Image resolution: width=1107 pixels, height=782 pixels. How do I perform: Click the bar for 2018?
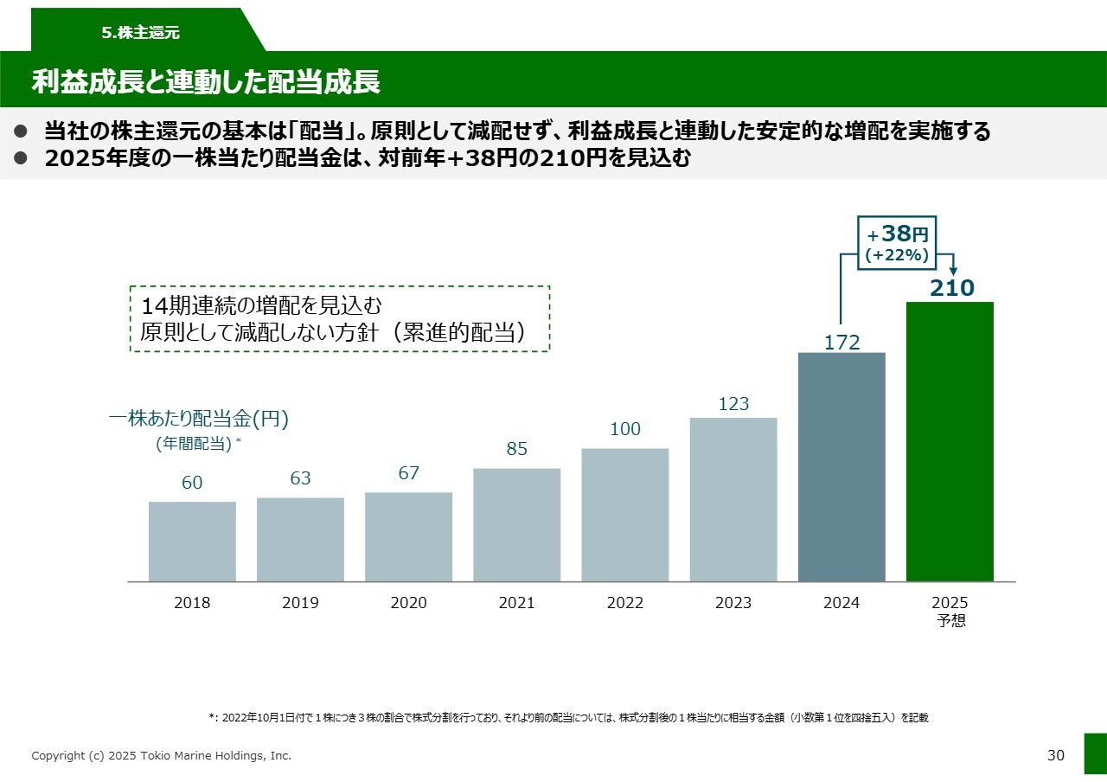coord(192,542)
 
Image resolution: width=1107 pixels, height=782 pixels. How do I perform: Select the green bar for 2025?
coord(950,441)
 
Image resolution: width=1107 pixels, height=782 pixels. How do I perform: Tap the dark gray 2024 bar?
coord(841,467)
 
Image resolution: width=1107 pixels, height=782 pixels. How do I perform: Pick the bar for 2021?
coord(516,524)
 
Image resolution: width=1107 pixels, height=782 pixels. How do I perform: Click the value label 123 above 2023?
coord(733,404)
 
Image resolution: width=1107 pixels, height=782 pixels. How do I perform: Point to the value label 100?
coord(625,429)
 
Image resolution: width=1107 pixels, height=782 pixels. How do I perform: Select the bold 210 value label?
coord(951,288)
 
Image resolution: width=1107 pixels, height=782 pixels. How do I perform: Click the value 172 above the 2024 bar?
coord(841,343)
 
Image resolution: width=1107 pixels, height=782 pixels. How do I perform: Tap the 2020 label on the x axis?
coord(408,603)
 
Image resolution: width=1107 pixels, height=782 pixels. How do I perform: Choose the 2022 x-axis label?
coord(625,603)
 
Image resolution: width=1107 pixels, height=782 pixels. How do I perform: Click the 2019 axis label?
coord(300,603)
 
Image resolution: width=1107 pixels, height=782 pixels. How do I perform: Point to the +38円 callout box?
coord(897,243)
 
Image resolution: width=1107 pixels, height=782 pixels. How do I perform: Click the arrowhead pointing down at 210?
coord(953,271)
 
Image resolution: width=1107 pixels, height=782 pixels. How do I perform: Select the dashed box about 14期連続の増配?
coord(340,319)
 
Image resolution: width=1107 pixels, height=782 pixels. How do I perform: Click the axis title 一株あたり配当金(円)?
coord(198,419)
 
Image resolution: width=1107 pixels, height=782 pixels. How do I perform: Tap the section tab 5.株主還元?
coord(140,33)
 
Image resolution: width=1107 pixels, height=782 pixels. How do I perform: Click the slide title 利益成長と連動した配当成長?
coord(206,81)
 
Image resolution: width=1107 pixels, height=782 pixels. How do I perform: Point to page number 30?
coord(1056,755)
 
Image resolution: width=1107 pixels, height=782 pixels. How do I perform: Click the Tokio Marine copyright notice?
coord(162,756)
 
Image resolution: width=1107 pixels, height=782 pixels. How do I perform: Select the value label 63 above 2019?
coord(300,478)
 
